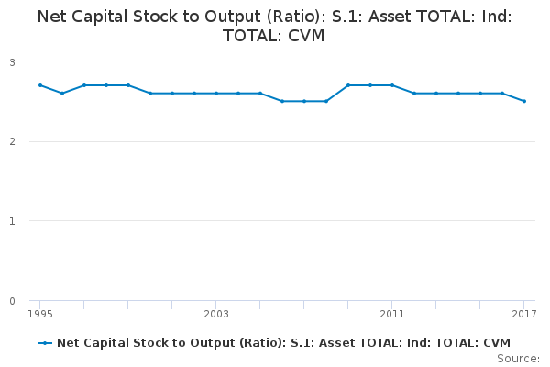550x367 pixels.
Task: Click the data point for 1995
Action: pyautogui.click(x=40, y=85)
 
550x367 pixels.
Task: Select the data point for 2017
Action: pyautogui.click(x=524, y=101)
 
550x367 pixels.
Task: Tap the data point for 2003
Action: pyautogui.click(x=216, y=93)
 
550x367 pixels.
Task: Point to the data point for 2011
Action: pyautogui.click(x=392, y=85)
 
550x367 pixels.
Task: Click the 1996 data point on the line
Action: pyautogui.click(x=62, y=93)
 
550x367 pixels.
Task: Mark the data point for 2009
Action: pyautogui.click(x=348, y=85)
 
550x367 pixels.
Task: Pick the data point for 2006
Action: pyautogui.click(x=282, y=101)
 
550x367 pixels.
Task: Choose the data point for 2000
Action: pyautogui.click(x=150, y=93)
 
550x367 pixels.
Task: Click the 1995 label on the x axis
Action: pyautogui.click(x=40, y=314)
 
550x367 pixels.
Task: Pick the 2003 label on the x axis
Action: pyautogui.click(x=216, y=314)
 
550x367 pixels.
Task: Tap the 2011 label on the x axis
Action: pyautogui.click(x=392, y=314)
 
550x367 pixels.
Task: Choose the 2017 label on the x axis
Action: pyautogui.click(x=522, y=314)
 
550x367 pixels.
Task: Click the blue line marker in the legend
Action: pyautogui.click(x=45, y=342)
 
